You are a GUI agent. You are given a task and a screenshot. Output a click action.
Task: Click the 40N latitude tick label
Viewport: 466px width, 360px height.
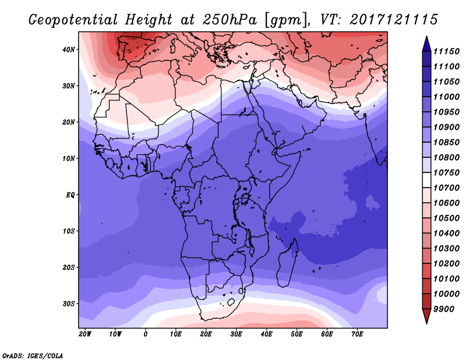click(68, 50)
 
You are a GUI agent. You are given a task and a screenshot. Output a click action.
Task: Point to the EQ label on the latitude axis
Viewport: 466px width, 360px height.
click(70, 195)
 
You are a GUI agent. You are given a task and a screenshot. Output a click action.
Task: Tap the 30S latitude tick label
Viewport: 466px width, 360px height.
click(68, 304)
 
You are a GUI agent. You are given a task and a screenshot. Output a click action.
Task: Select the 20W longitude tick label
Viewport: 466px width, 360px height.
click(84, 334)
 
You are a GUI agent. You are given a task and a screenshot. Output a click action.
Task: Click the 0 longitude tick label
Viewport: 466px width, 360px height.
click(145, 334)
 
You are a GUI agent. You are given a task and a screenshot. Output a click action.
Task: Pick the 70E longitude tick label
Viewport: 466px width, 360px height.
click(357, 334)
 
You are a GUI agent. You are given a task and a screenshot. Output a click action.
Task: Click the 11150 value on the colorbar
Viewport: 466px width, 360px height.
click(446, 51)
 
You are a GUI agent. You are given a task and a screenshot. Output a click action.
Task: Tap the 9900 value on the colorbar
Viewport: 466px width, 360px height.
click(444, 309)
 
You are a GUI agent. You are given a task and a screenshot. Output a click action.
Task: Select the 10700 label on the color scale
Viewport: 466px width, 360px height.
click(446, 188)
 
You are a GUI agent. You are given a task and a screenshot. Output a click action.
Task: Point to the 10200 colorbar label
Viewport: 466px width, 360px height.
click(446, 264)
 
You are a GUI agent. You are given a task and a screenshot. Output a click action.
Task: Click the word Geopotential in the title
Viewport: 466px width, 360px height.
click(73, 20)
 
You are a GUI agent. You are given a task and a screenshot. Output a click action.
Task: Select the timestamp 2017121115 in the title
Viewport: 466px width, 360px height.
click(394, 20)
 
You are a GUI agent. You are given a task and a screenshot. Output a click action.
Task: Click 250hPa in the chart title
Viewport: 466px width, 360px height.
click(230, 20)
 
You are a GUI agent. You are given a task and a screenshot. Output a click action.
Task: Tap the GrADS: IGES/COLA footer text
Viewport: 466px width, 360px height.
click(33, 356)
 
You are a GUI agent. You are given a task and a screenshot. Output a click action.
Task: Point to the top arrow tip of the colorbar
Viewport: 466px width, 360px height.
click(426, 36)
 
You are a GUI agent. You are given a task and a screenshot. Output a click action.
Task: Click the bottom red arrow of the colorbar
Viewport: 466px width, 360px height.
click(426, 316)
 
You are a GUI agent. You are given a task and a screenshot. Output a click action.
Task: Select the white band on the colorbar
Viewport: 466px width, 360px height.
click(426, 180)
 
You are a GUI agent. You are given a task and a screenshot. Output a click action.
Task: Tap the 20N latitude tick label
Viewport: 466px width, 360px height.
click(68, 122)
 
